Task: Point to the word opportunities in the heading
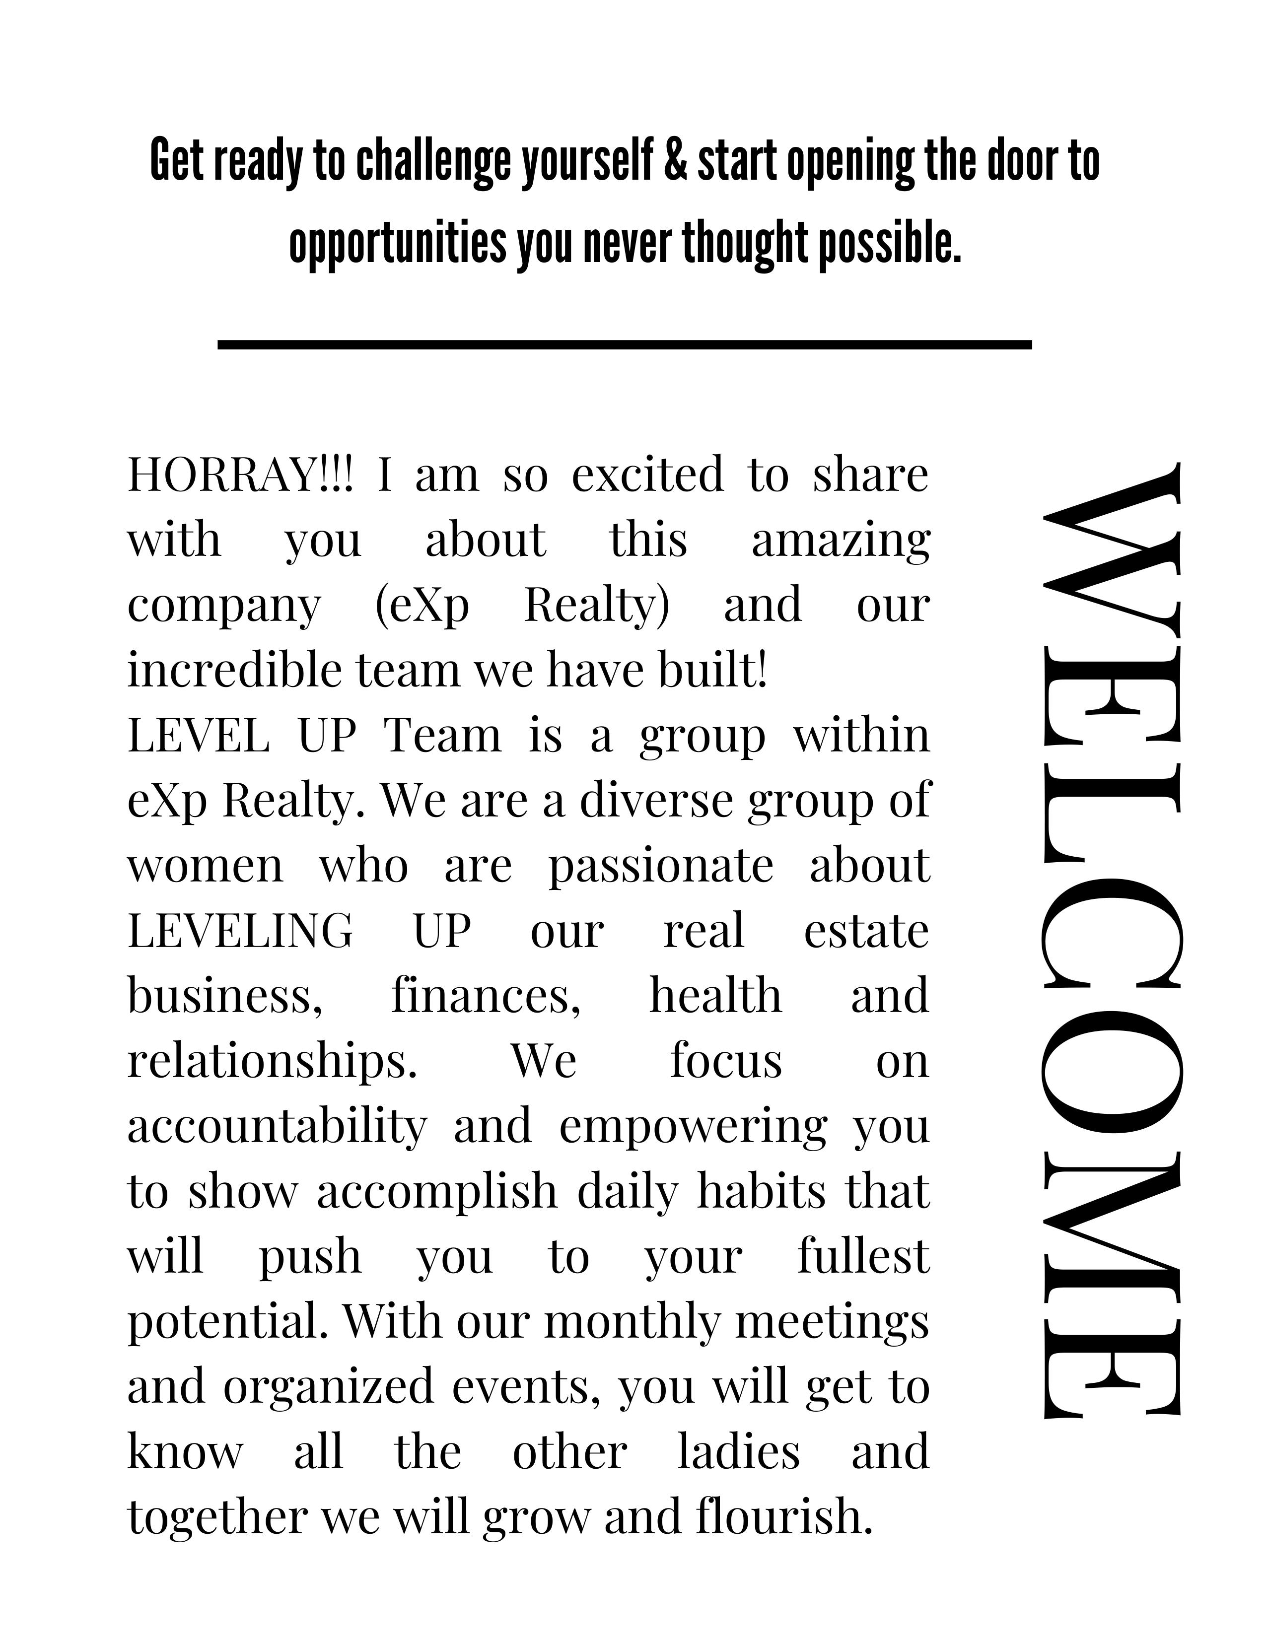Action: (x=398, y=245)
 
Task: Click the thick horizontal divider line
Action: (x=624, y=344)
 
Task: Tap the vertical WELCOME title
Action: (x=1111, y=941)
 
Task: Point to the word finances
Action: (x=485, y=996)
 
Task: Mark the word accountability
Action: (x=277, y=1127)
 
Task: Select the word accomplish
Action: (x=436, y=1192)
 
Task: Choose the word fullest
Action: (x=862, y=1256)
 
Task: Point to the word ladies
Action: (x=739, y=1451)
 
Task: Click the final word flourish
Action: (x=784, y=1516)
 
